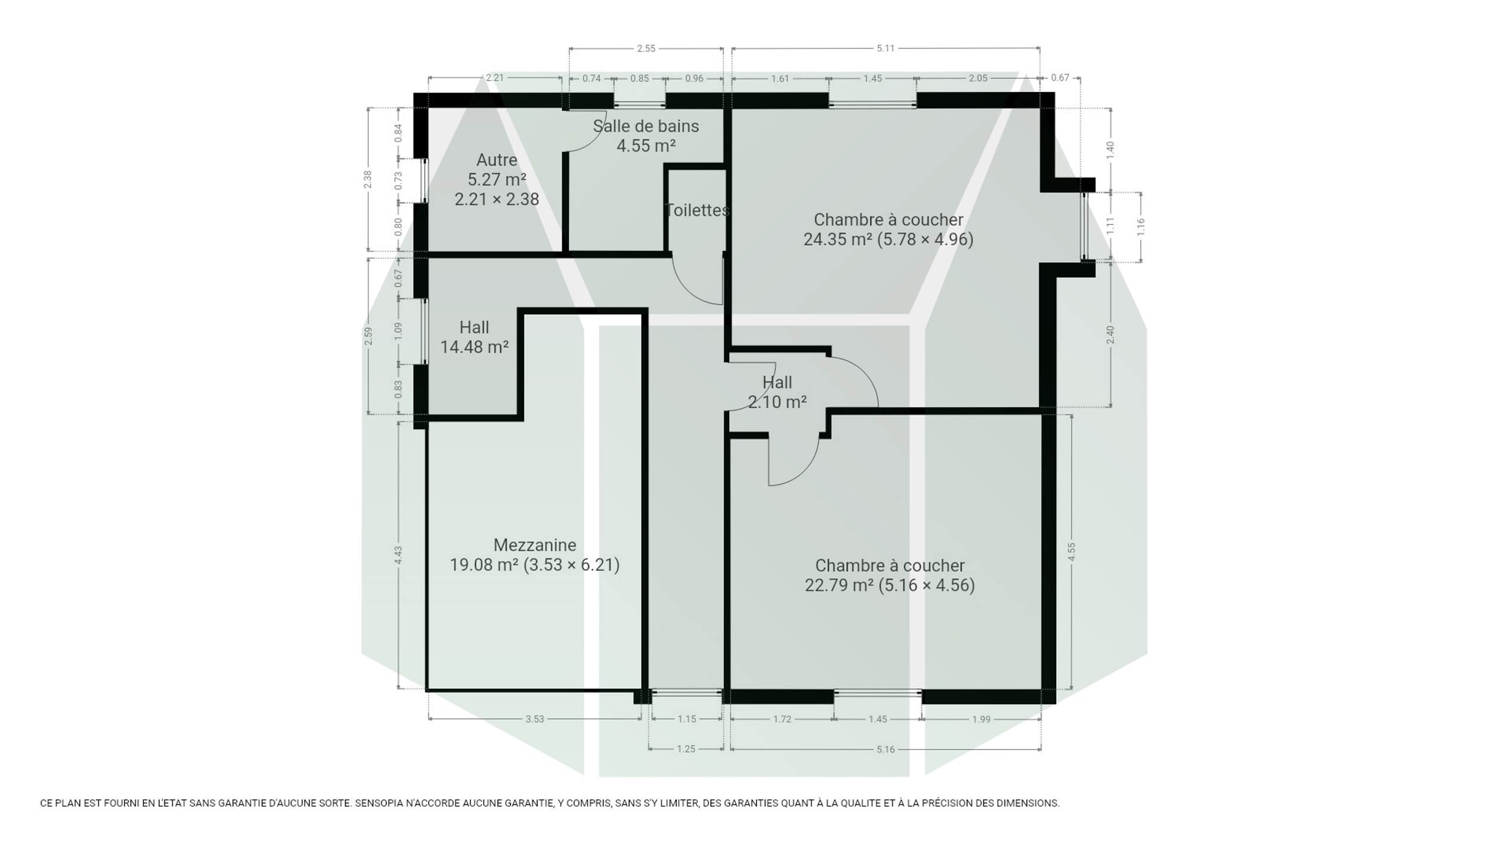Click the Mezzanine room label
pos(535,545)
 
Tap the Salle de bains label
pos(646,126)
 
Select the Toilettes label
pos(697,210)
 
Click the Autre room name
pos(497,160)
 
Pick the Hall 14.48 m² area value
pos(475,347)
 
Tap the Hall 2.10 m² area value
pos(777,402)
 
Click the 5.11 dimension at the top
pos(885,48)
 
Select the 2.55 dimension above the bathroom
pos(646,48)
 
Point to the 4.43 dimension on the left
pos(398,555)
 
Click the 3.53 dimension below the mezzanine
pos(535,719)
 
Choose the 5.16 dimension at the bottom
pos(885,749)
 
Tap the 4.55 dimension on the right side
pos(1072,552)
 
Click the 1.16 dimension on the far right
pos(1141,228)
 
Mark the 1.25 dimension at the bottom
pos(686,749)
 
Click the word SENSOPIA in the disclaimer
pos(378,803)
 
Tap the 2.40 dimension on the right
pos(1111,335)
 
